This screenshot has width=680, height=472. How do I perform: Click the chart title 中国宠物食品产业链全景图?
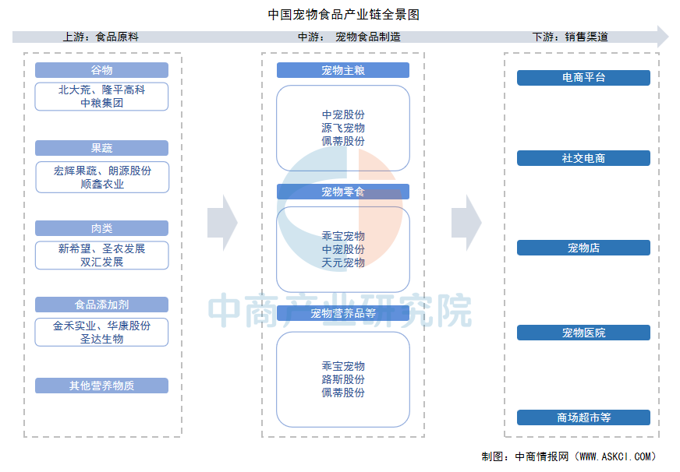[x=343, y=14]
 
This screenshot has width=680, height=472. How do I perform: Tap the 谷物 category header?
[x=101, y=70]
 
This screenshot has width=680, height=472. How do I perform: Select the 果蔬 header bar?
[x=101, y=148]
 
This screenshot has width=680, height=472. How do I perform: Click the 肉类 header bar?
[x=101, y=228]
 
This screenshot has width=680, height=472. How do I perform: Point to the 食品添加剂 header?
[x=101, y=305]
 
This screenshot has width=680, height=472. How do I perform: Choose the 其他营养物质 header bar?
[x=101, y=386]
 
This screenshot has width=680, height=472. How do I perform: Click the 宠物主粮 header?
[x=343, y=70]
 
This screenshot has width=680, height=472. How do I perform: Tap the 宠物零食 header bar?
[x=343, y=192]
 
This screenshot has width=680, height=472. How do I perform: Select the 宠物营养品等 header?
[x=343, y=313]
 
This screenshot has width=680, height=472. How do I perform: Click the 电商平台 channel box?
[x=583, y=78]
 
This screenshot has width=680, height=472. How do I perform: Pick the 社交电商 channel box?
[x=583, y=158]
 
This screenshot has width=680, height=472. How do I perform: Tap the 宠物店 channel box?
[x=583, y=248]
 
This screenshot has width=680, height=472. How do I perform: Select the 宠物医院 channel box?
[x=583, y=333]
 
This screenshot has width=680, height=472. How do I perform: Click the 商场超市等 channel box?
[x=583, y=417]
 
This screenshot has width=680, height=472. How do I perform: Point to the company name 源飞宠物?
[x=343, y=128]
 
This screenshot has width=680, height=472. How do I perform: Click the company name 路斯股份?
[x=343, y=379]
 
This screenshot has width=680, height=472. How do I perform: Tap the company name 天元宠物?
[x=343, y=262]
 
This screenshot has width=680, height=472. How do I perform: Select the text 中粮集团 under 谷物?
[x=102, y=103]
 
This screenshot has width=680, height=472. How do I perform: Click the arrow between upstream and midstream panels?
[x=222, y=223]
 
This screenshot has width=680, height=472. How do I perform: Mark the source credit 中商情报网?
[x=541, y=456]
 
